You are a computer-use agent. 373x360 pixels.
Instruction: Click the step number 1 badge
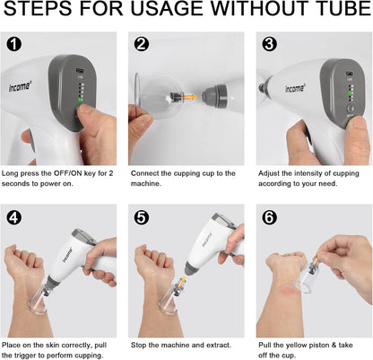click(x=14, y=45)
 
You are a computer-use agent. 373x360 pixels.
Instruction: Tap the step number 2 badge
click(x=142, y=45)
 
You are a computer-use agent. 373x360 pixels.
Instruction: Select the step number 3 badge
click(x=269, y=45)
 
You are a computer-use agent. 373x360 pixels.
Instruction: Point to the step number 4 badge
click(x=14, y=217)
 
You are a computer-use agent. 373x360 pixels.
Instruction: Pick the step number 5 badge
click(x=142, y=217)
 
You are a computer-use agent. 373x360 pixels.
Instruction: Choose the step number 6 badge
click(x=269, y=217)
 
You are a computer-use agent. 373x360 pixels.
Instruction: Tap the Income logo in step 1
click(x=20, y=86)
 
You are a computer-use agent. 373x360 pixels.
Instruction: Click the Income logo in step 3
click(x=295, y=88)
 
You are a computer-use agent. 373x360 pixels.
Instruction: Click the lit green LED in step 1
click(x=80, y=100)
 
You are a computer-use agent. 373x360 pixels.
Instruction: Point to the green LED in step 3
click(x=350, y=93)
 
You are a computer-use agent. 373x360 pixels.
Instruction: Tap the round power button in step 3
click(x=351, y=109)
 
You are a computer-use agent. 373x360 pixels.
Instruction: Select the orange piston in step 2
click(x=189, y=97)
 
